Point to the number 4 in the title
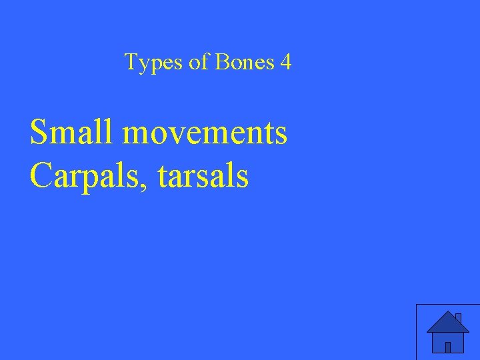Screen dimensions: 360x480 285,63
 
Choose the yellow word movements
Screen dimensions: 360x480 205,133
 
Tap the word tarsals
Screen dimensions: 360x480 203,177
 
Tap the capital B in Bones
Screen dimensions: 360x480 221,63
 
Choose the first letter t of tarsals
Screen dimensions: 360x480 163,177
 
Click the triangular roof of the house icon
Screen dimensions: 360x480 447,322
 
